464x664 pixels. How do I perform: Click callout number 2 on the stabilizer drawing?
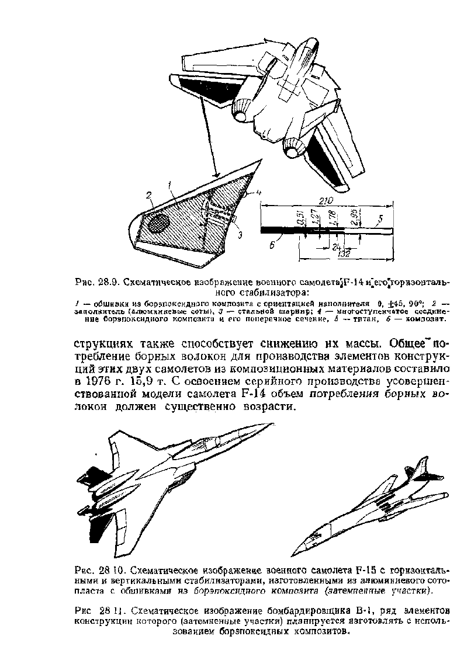(x=148, y=195)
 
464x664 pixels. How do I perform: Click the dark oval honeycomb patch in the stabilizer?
(x=157, y=222)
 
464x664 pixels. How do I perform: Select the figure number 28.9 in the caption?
(x=110, y=282)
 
